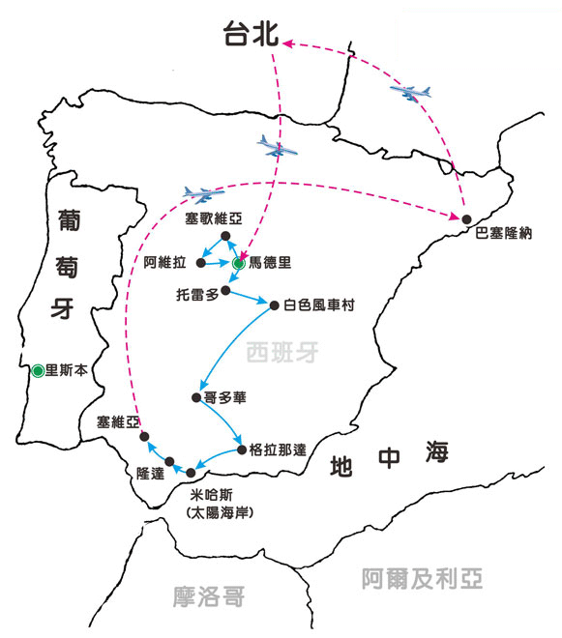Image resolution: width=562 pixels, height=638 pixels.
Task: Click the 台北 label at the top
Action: coord(251,34)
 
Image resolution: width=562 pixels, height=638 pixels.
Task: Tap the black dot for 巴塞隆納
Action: coord(466,219)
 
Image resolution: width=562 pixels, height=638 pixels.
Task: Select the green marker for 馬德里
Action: coord(239,264)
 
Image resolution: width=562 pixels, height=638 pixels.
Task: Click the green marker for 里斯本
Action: coord(38,370)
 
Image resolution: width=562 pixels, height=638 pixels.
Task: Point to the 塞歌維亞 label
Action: coord(214,218)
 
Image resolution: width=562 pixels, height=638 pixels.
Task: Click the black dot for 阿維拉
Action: coord(201,263)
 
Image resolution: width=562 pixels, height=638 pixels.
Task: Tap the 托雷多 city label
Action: coord(197,294)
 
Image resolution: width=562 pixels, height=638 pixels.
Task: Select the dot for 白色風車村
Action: coord(274,305)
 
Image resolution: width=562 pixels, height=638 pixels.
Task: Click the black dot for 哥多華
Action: coord(196,397)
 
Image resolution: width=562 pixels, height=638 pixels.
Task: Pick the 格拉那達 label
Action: coord(278,450)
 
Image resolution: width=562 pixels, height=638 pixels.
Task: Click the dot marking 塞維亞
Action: coord(144,437)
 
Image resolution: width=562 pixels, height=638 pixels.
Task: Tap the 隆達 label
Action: coord(150,474)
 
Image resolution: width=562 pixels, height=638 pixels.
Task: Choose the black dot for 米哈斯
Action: coord(191,473)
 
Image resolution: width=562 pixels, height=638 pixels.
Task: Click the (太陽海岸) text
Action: coord(220,512)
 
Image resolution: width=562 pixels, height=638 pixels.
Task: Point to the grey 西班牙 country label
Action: coord(282,352)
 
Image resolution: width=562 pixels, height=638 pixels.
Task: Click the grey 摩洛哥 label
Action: coord(209,596)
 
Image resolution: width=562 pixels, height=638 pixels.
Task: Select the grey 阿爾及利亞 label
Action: coord(422,578)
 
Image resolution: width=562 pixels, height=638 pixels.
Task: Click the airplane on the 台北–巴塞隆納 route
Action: coord(410,93)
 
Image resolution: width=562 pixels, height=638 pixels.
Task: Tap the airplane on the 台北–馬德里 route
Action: coord(277,147)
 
